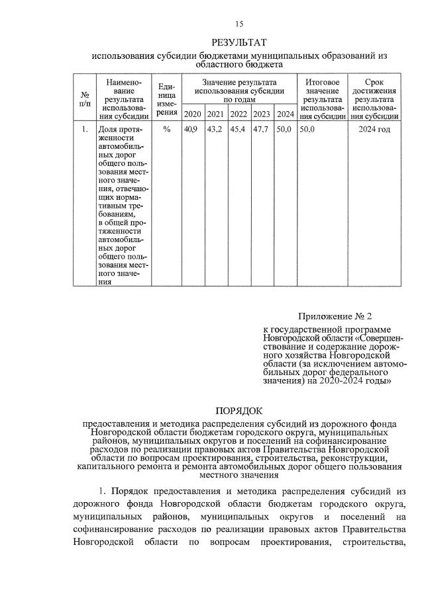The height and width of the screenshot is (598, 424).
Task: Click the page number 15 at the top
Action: pos(239,24)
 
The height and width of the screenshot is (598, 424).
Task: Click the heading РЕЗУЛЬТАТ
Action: pos(239,43)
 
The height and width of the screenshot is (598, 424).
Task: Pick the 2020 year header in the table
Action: pos(193,114)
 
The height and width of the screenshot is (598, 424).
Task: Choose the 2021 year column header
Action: pos(215,114)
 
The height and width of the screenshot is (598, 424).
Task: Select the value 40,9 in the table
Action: pos(191,129)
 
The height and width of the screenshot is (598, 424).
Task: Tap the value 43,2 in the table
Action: pos(215,129)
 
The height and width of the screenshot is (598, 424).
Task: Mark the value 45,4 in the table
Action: pos(238,129)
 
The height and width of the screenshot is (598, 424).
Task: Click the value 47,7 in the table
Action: pos(261,129)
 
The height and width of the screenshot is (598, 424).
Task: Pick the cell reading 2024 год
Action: pos(374,129)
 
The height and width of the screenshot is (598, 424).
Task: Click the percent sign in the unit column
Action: pos(166,129)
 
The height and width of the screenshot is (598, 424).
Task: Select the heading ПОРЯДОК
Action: pos(239,411)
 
